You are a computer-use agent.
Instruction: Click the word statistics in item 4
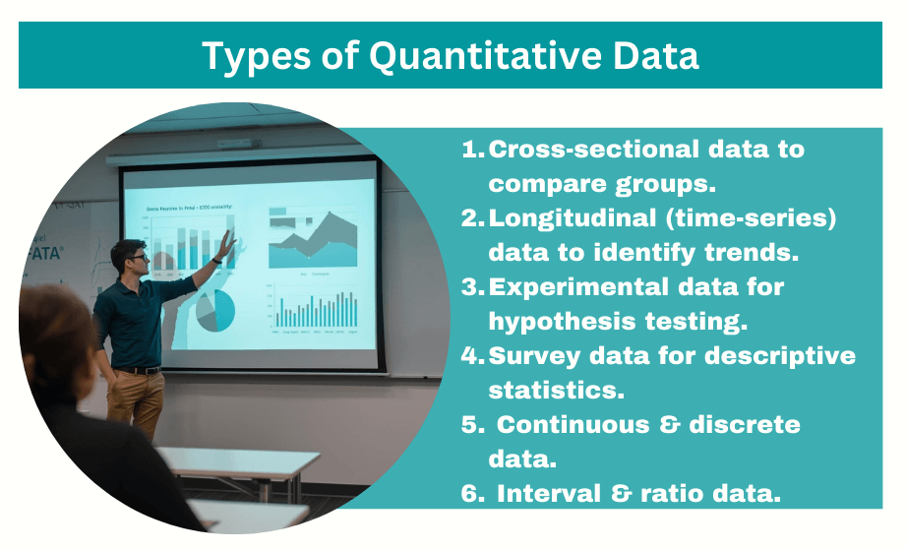[x=557, y=390]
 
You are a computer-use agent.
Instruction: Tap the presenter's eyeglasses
[x=138, y=259]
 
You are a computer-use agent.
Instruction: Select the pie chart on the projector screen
[x=215, y=310]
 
